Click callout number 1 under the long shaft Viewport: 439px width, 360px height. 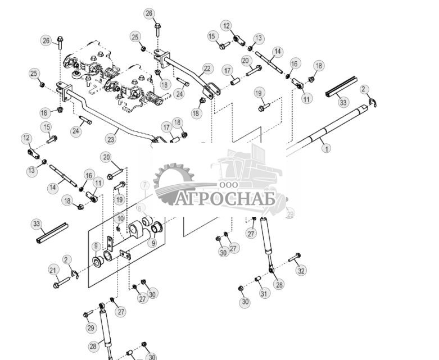point(325,149)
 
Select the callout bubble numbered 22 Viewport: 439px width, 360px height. point(207,69)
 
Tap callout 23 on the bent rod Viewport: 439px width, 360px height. point(111,138)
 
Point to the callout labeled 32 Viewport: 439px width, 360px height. point(302,270)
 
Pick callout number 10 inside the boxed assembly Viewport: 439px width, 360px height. point(120,218)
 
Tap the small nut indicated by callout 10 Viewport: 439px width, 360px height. point(119,229)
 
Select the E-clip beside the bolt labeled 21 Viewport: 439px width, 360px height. point(75,274)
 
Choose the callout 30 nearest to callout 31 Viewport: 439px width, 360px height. point(245,302)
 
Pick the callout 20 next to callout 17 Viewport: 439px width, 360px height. point(246,60)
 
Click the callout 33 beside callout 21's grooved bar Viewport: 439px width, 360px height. point(37,224)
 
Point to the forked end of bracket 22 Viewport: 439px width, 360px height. point(211,90)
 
